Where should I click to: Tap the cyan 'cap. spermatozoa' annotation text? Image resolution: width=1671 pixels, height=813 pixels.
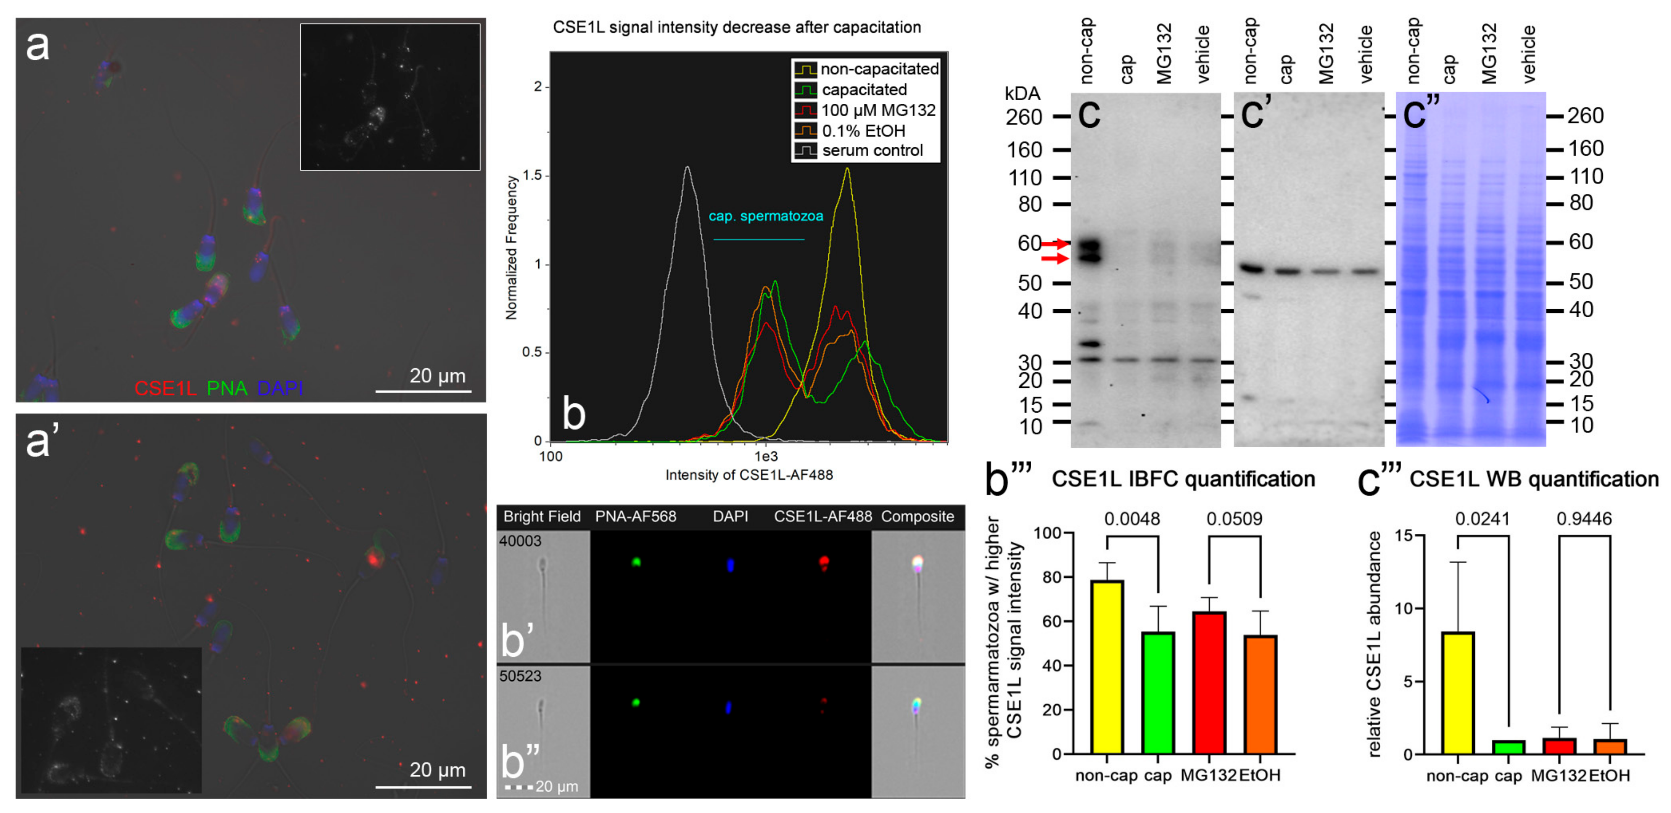click(765, 216)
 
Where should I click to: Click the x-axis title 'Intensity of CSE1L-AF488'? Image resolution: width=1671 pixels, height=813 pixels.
click(749, 475)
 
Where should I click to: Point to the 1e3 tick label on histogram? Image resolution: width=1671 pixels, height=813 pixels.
click(765, 456)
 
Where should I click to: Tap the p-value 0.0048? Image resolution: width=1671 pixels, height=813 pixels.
click(1132, 519)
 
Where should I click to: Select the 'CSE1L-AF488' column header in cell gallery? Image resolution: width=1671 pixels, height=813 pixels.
click(823, 517)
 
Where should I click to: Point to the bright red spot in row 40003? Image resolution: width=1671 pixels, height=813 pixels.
click(824, 561)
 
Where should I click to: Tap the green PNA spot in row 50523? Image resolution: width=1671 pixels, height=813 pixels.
click(636, 702)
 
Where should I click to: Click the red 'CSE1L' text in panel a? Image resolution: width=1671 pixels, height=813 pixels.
click(166, 388)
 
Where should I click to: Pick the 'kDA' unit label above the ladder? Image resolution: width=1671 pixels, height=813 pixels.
click(1022, 94)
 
